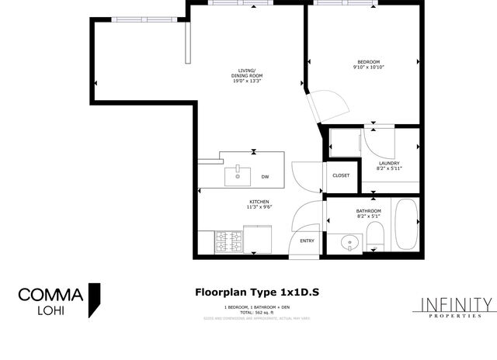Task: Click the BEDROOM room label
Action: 368,62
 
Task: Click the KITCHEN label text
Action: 259,202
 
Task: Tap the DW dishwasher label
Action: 265,176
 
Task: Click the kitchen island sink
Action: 237,176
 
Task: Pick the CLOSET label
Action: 341,175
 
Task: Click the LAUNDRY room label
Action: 388,163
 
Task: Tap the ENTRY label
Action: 308,241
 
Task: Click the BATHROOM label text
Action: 368,211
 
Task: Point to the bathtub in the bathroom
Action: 407,225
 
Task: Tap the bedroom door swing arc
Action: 326,105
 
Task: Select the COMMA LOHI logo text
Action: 50,302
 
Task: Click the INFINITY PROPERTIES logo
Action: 456,308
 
